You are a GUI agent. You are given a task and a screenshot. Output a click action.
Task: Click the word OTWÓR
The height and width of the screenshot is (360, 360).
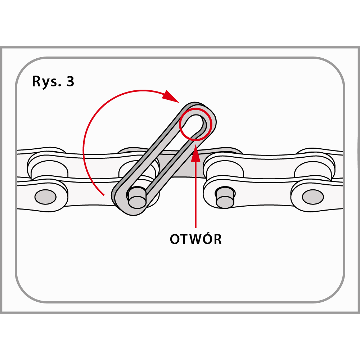195,239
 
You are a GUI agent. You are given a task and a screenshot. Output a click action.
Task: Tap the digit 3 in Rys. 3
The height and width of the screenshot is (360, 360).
70,82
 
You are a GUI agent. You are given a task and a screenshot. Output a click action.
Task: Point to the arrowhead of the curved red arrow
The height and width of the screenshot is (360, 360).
171,97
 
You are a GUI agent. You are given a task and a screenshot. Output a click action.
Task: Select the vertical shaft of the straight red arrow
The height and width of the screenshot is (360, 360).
195,194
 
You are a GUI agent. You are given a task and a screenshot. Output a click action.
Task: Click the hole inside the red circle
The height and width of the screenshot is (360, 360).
194,122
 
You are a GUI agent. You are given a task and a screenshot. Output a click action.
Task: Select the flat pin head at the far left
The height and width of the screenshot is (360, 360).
45,197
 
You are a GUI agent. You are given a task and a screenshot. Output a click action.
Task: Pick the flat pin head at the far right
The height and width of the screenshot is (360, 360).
312,197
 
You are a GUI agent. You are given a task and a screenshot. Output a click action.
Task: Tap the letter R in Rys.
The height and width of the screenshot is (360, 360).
36,82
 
